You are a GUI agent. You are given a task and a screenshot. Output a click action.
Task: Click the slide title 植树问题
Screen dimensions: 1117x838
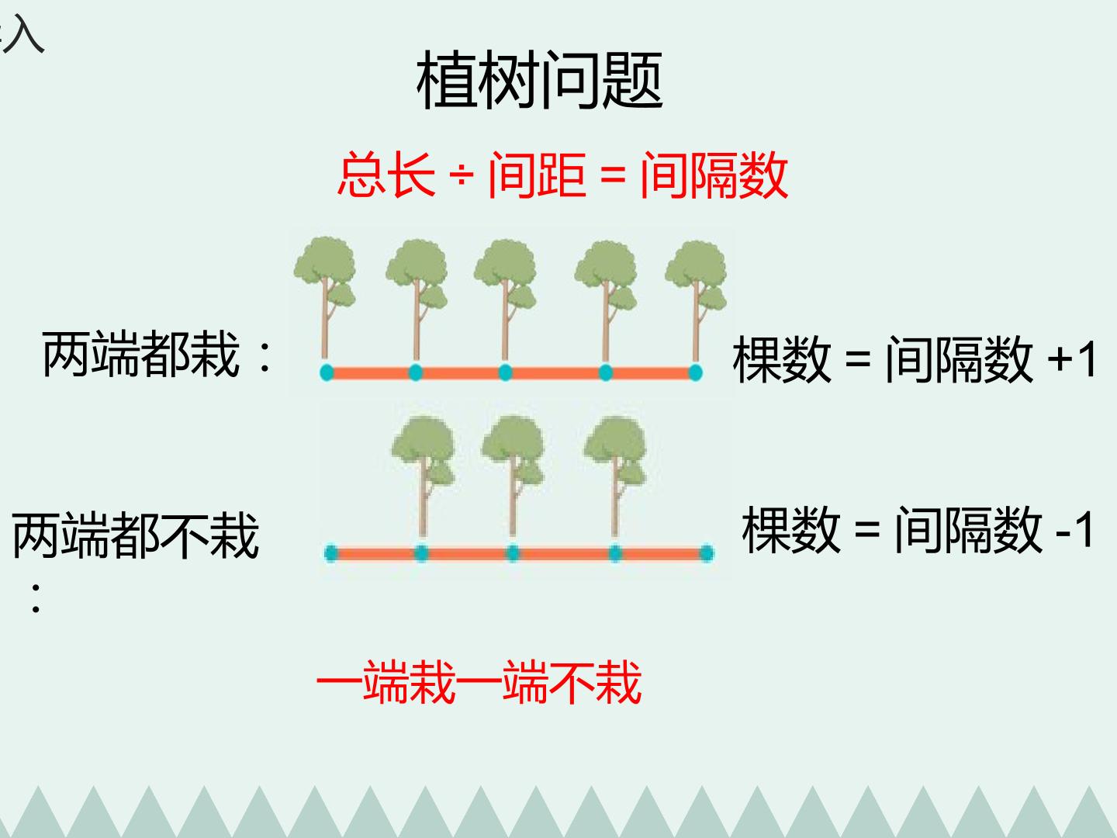tap(539, 80)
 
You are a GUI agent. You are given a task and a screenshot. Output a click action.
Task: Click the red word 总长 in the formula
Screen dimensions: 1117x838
tap(387, 175)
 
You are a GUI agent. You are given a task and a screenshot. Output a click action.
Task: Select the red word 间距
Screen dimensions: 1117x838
tap(537, 175)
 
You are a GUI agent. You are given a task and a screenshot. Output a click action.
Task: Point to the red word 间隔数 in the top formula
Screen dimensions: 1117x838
tap(714, 175)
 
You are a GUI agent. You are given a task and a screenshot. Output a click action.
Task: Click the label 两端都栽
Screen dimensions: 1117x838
tap(141, 354)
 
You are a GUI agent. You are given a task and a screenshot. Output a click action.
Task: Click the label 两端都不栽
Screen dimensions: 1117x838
tap(136, 535)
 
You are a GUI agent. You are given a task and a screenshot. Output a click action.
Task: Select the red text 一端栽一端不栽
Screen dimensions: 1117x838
tap(479, 682)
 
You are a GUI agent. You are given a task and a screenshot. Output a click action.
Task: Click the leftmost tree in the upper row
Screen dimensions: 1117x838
tap(325, 298)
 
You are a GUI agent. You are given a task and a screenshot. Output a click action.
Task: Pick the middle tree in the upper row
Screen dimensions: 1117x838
tap(505, 300)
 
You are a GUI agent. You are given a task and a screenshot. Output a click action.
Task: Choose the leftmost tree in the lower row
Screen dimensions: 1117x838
tap(424, 476)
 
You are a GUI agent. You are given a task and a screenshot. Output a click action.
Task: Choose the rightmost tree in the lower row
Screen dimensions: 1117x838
tap(615, 476)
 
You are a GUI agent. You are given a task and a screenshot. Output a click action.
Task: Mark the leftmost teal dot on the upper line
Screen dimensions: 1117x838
tap(327, 372)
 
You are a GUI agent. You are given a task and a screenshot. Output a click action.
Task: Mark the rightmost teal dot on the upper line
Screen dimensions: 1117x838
tap(695, 372)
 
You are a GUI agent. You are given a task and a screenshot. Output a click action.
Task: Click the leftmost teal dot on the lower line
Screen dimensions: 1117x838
tap(331, 553)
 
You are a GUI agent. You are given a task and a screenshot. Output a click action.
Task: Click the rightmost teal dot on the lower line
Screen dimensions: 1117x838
tap(707, 553)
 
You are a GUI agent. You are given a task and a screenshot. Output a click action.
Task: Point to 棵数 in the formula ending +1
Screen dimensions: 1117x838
tap(782, 359)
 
